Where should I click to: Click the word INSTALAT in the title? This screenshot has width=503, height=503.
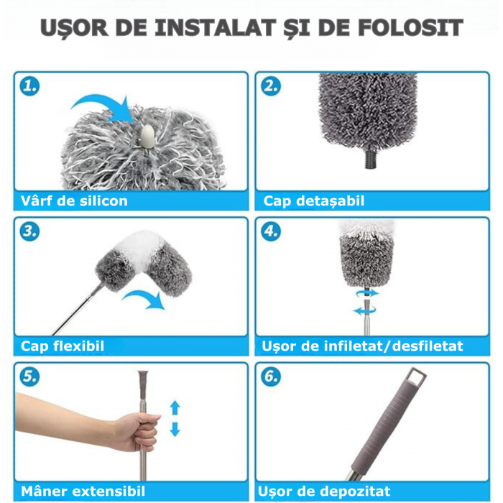216,27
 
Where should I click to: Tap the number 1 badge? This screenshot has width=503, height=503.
30,86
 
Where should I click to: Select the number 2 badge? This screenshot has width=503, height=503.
271,86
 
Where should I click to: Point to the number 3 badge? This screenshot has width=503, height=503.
30,231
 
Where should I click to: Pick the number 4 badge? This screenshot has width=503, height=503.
271,231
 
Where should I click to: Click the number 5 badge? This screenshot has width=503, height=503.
30,377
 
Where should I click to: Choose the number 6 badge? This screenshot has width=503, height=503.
271,377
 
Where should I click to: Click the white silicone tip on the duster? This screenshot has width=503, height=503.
147,137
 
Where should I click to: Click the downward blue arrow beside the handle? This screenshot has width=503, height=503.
175,429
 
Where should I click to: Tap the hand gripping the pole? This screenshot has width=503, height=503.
137,431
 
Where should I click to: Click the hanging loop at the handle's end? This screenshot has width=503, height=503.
417,379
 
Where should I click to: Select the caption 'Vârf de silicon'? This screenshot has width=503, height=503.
74,200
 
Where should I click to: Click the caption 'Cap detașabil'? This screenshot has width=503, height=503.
314,200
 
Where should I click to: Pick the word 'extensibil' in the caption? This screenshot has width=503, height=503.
109,491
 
